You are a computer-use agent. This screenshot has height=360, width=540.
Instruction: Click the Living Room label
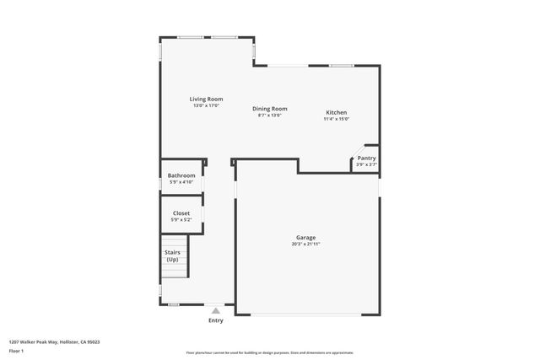pos(206,99)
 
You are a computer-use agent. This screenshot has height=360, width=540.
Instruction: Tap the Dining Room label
pos(270,109)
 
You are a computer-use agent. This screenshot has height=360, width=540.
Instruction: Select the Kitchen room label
pos(337,113)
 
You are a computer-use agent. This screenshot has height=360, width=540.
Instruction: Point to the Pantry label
pos(366,158)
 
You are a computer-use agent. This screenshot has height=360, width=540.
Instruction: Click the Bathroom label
pos(181,175)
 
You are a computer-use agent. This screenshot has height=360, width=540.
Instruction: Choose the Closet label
pos(181,213)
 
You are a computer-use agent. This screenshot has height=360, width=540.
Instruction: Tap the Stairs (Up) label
pos(172,255)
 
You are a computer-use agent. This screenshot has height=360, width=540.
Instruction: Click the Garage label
pos(305,237)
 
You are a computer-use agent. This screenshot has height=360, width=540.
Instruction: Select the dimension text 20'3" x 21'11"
pos(305,244)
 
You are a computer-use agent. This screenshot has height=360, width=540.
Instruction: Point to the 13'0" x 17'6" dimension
pos(206,105)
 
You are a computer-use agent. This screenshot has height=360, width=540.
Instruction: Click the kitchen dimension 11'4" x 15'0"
pos(337,119)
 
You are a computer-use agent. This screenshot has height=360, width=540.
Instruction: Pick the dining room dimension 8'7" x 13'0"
pos(270,115)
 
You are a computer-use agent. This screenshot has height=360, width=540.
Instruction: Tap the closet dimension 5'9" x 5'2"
pos(181,219)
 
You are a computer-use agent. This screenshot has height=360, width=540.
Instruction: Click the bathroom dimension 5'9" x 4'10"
pos(181,181)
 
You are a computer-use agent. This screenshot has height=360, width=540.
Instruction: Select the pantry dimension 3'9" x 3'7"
pos(366,164)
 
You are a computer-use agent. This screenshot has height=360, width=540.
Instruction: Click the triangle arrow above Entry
pos(216,311)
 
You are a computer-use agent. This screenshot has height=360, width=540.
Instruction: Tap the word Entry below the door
pos(216,320)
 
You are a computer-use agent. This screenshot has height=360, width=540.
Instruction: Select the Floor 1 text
pos(17,352)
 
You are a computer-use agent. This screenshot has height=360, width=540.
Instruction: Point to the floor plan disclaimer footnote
pos(270,352)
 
